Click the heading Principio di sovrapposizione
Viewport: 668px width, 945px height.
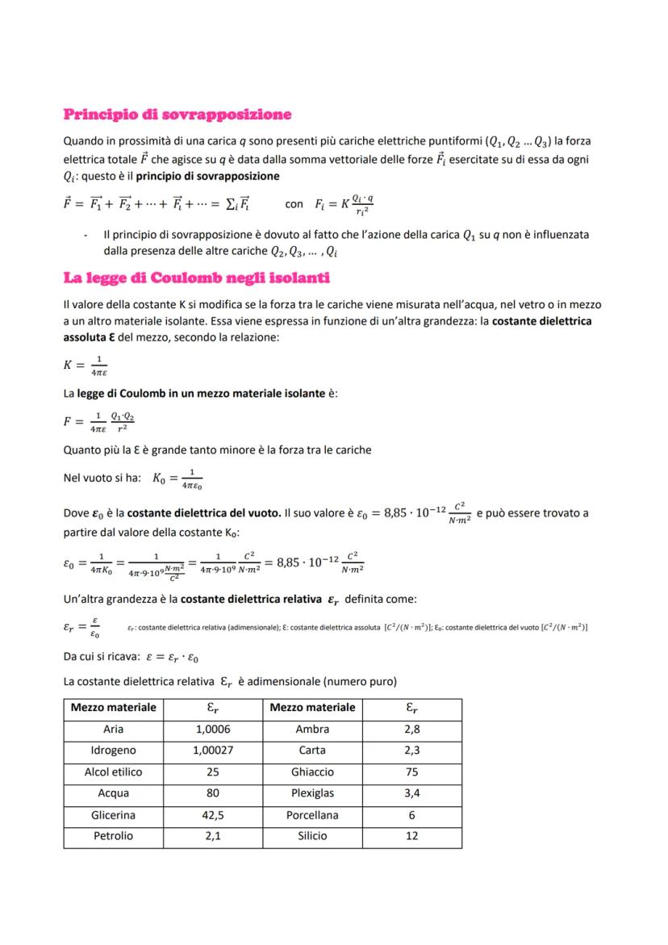177,115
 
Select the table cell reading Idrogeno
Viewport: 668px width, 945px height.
113,751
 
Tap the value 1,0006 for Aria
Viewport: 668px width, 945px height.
213,729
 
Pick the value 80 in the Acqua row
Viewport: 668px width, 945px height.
213,793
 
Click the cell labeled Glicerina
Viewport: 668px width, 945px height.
113,815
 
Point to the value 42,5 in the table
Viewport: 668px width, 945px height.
213,815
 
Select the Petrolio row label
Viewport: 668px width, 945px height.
113,836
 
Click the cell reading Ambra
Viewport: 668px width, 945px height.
312,729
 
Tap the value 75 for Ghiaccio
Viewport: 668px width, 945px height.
411,771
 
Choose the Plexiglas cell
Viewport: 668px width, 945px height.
312,793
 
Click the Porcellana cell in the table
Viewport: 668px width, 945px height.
312,815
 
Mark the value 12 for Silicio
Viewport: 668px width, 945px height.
411,836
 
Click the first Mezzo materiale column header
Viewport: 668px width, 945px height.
113,708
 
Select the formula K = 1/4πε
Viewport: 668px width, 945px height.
86,365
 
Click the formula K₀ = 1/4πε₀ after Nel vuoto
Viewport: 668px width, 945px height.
177,478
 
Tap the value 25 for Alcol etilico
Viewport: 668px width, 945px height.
213,771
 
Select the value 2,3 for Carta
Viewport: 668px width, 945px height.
411,751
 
